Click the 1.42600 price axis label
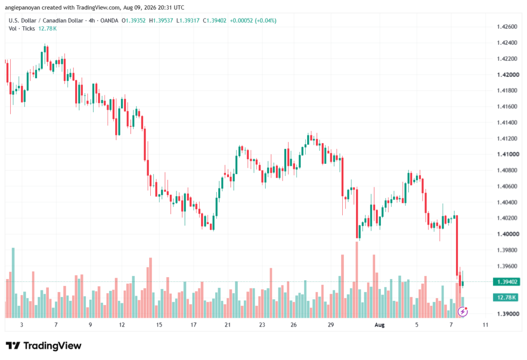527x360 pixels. [507, 27]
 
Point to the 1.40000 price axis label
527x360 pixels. [507, 234]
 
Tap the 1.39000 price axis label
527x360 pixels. [507, 314]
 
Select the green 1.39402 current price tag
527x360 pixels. [506, 282]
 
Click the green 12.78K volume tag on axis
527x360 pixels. [506, 297]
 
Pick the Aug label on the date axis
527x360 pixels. [379, 324]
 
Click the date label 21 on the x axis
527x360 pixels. [228, 324]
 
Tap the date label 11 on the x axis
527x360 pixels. [485, 324]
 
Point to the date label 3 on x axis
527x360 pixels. [22, 324]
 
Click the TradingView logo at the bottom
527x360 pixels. [44, 346]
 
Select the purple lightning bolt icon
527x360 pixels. [463, 312]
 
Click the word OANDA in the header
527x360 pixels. [109, 21]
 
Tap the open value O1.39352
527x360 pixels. [133, 21]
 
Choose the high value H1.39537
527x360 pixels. [161, 21]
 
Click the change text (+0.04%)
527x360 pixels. [266, 21]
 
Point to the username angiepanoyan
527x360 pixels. [22, 7]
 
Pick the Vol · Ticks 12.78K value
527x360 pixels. [47, 29]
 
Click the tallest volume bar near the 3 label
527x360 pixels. [13, 283]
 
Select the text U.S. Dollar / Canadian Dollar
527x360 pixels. [46, 21]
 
